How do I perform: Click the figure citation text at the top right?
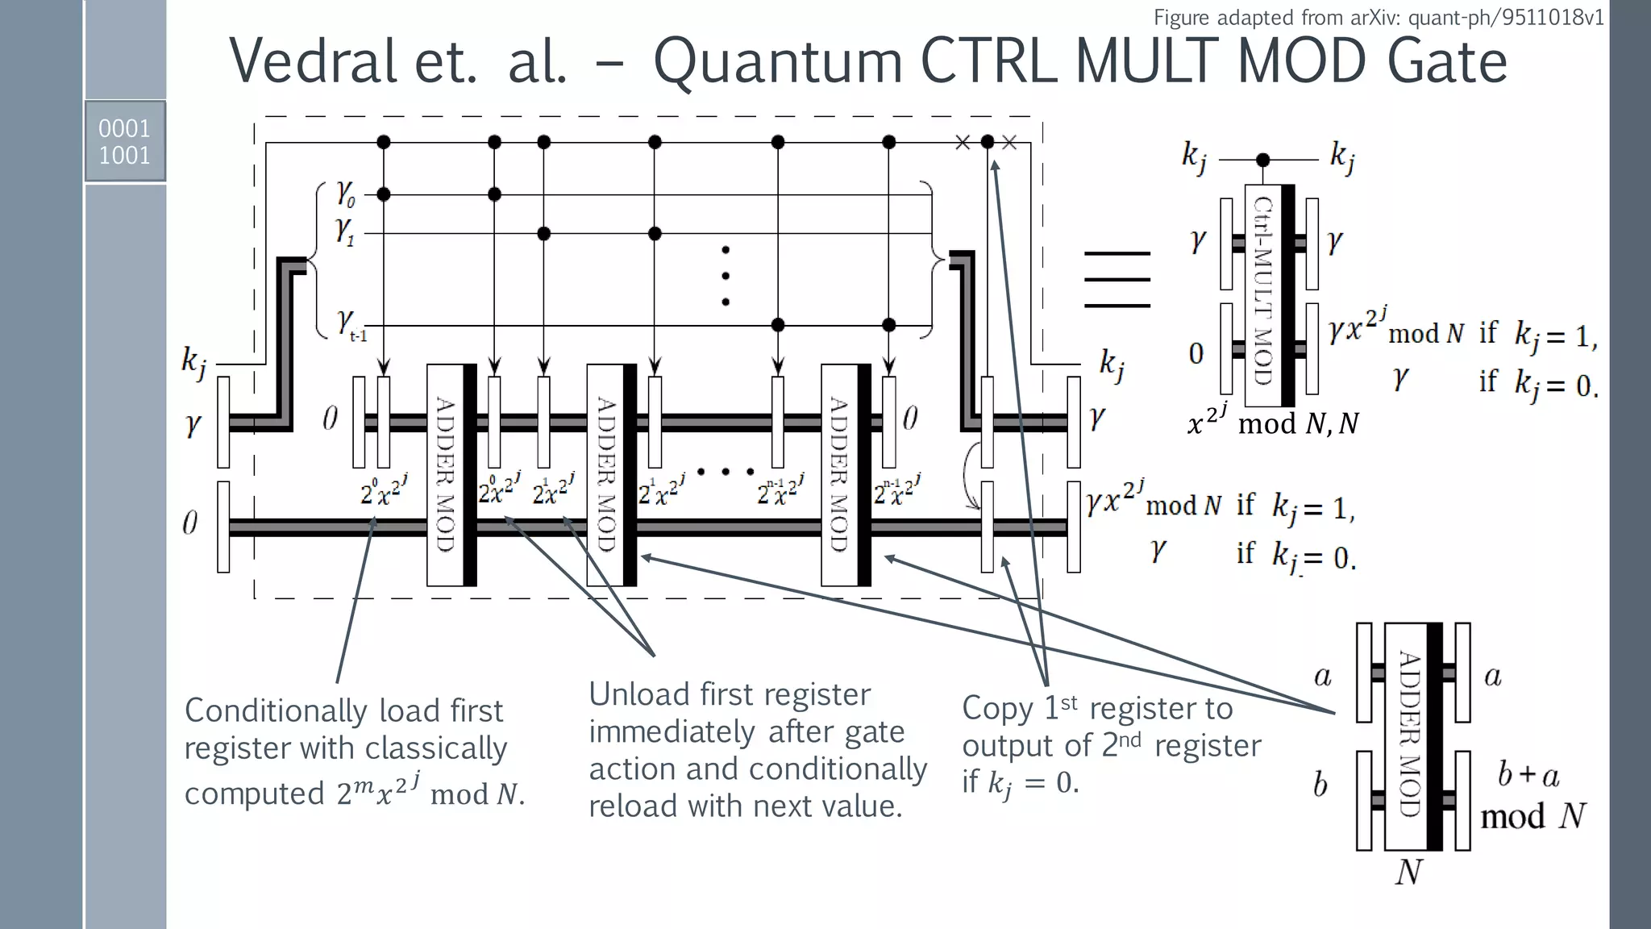(1379, 17)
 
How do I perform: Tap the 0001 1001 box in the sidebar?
(125, 141)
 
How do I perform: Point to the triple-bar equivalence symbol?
(1117, 279)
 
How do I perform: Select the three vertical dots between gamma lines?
(726, 276)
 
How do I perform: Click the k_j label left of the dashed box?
(193, 361)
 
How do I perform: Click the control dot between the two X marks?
(987, 142)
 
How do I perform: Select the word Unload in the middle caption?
(639, 694)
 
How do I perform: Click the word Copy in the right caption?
(997, 708)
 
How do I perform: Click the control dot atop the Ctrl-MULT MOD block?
(1263, 160)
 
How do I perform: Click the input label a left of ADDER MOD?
(1322, 676)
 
